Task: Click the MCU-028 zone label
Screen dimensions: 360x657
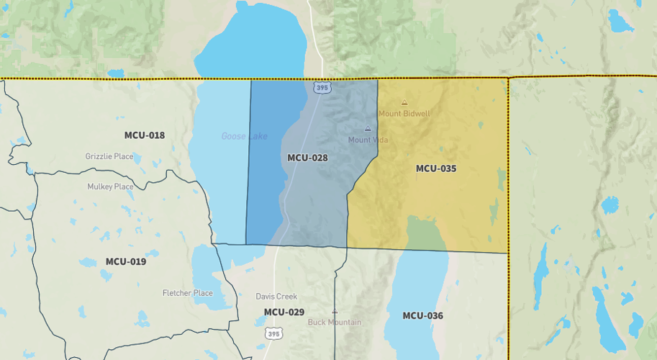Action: pyautogui.click(x=307, y=158)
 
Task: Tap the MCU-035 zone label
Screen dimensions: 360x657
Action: pyautogui.click(x=436, y=168)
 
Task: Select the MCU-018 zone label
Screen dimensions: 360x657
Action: pyautogui.click(x=144, y=135)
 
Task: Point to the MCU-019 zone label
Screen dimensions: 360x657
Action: pyautogui.click(x=126, y=261)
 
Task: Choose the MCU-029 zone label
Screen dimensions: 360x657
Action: pyautogui.click(x=284, y=312)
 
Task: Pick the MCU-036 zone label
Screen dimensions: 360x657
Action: pyautogui.click(x=422, y=315)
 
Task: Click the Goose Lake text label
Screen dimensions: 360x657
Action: pyautogui.click(x=244, y=136)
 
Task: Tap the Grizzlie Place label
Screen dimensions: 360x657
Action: pyautogui.click(x=109, y=156)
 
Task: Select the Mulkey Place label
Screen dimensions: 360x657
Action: pyautogui.click(x=111, y=186)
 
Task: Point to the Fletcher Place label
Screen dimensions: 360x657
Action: pyautogui.click(x=188, y=293)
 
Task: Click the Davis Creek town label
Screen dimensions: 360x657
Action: pyautogui.click(x=276, y=297)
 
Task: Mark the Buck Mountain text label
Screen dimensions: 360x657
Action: pyautogui.click(x=335, y=323)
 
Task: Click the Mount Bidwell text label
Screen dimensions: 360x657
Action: pyautogui.click(x=404, y=114)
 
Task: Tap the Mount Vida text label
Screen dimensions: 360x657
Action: pyautogui.click(x=368, y=140)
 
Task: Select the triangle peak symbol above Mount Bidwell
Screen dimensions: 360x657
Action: pyautogui.click(x=404, y=102)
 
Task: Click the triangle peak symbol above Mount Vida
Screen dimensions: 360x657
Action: pyautogui.click(x=368, y=129)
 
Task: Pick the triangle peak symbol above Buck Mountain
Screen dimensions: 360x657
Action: pyautogui.click(x=334, y=312)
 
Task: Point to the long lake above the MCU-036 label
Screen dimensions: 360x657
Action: pyautogui.click(x=414, y=288)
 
